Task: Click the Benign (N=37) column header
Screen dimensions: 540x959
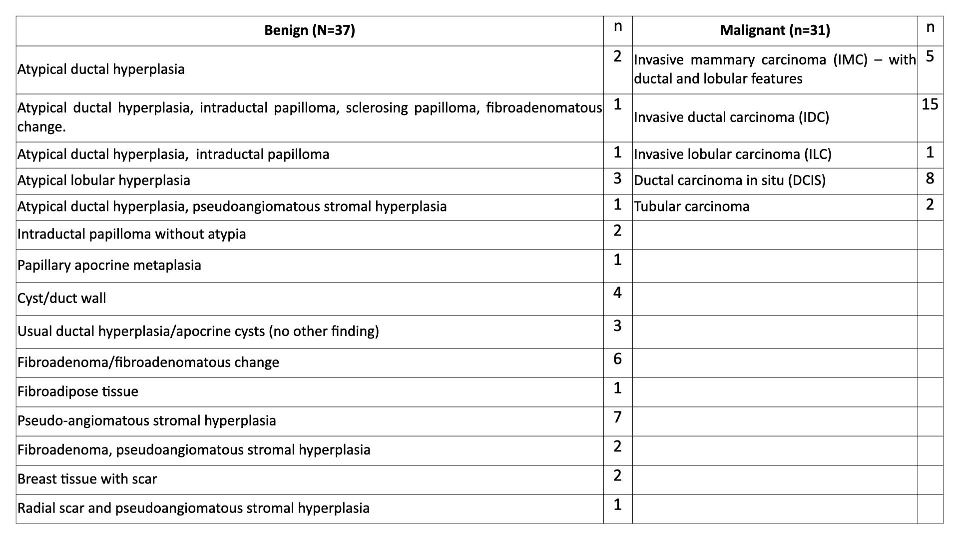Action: [x=309, y=30]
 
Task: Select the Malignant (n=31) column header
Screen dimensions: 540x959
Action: [x=775, y=30]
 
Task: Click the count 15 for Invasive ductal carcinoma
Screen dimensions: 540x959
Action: [x=930, y=104]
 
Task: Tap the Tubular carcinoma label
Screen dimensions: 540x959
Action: [x=691, y=206]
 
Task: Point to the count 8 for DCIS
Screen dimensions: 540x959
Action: [x=930, y=178]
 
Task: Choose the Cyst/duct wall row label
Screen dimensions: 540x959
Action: [x=62, y=298]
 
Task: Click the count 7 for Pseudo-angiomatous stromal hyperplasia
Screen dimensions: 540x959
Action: [x=617, y=417]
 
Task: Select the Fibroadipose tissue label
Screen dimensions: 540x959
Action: [x=78, y=391]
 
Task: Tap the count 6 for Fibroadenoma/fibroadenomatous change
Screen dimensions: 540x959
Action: [x=617, y=359]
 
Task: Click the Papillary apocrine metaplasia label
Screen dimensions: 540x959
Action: [x=109, y=265]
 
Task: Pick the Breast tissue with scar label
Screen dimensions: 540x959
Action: [x=87, y=479]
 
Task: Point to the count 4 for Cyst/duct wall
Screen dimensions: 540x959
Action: [x=617, y=292]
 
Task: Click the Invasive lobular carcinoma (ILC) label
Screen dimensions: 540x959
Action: [x=732, y=154]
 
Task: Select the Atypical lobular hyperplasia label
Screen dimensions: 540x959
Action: [x=104, y=180]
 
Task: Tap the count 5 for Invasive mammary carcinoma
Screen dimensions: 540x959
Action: [x=930, y=56]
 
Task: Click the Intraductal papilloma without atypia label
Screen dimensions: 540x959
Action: [x=132, y=234]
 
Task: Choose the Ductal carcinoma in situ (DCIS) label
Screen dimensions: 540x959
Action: [x=729, y=180]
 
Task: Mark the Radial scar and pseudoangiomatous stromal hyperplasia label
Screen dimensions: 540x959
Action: [x=193, y=508]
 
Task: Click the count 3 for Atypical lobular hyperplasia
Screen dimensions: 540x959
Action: [x=617, y=178]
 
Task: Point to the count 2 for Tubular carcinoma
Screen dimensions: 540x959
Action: [x=930, y=204]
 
